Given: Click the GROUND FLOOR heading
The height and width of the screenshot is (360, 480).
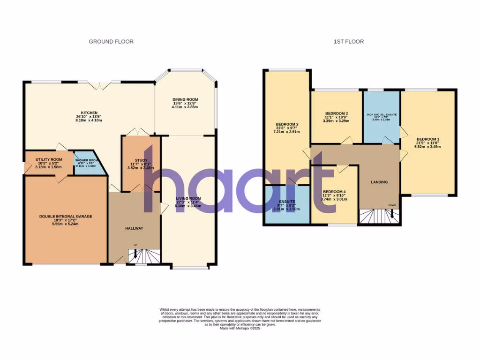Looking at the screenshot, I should (111, 42).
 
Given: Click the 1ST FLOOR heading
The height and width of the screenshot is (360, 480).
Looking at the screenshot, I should (348, 42).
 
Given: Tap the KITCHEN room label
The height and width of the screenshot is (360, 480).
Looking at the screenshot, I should (89, 113).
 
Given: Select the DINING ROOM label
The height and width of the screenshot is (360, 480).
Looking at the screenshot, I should (185, 100).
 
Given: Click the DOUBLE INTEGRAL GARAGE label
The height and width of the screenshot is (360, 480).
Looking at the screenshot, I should (66, 217).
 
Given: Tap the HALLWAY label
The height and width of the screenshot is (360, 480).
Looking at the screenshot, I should (134, 228).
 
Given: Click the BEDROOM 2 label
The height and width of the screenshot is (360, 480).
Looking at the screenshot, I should (288, 124).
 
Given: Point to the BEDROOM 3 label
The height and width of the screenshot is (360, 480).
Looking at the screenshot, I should (337, 113).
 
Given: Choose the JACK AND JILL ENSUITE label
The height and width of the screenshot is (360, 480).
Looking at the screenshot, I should (382, 114).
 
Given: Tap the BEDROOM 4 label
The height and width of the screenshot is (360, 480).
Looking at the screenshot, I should (335, 191).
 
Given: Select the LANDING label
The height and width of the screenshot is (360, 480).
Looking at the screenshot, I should (379, 182).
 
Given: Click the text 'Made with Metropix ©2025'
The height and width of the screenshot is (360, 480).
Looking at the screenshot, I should (240, 329).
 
